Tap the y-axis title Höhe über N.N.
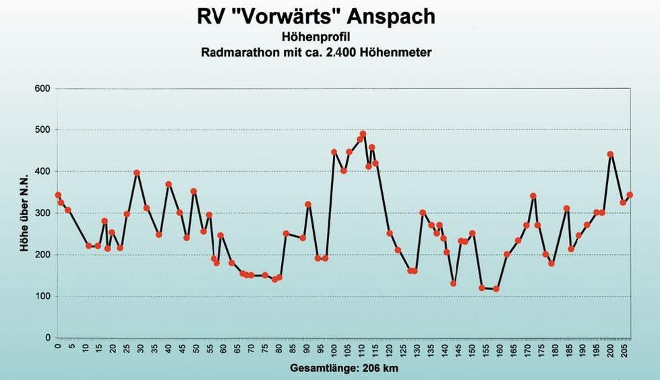[x=25, y=213]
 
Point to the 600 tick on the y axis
[x=42, y=88]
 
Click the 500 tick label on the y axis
[x=42, y=130]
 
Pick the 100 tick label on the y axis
[x=42, y=296]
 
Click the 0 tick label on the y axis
[x=47, y=338]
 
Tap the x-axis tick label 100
[x=334, y=352]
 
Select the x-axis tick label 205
[x=624, y=352]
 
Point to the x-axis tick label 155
[x=486, y=352]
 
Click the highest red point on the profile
[x=363, y=134]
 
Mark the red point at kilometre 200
[x=610, y=154]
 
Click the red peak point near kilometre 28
[x=137, y=173]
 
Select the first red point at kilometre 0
[x=58, y=195]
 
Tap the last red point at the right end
[x=630, y=195]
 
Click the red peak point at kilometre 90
[x=308, y=204]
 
